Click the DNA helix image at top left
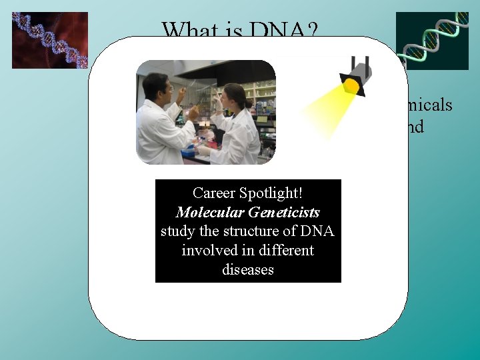[50, 40]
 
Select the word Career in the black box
[214, 193]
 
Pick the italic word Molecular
[207, 213]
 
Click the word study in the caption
[177, 231]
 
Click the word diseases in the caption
[247, 270]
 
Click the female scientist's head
[234, 95]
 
